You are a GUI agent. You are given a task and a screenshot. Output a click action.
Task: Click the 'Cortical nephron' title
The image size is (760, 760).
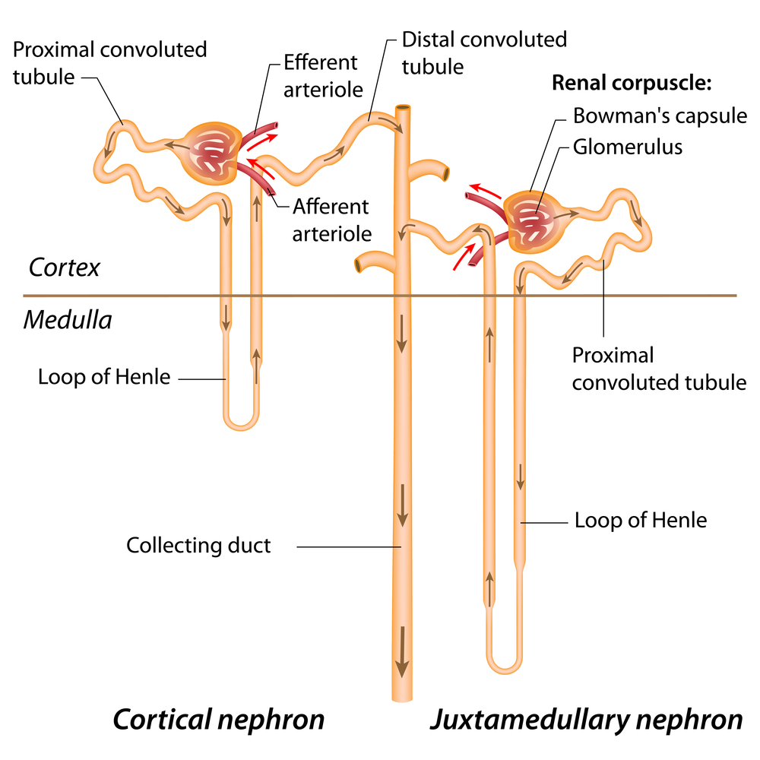(219, 718)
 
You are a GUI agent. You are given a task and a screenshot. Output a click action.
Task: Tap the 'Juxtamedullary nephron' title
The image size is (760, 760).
(586, 718)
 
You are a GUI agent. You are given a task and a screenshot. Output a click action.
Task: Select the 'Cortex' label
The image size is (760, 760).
(65, 268)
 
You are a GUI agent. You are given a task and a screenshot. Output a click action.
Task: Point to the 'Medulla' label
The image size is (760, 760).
(68, 320)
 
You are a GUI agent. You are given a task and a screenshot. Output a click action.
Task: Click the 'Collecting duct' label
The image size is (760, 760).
(198, 545)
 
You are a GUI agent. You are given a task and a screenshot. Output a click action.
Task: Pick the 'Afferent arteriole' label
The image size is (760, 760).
(331, 219)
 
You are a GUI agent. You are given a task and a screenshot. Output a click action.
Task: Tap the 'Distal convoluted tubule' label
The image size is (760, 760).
(484, 53)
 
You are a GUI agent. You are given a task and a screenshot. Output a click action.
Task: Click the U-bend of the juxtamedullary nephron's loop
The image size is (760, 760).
(505, 667)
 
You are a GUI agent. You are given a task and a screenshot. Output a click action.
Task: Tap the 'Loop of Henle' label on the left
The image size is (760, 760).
(104, 377)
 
